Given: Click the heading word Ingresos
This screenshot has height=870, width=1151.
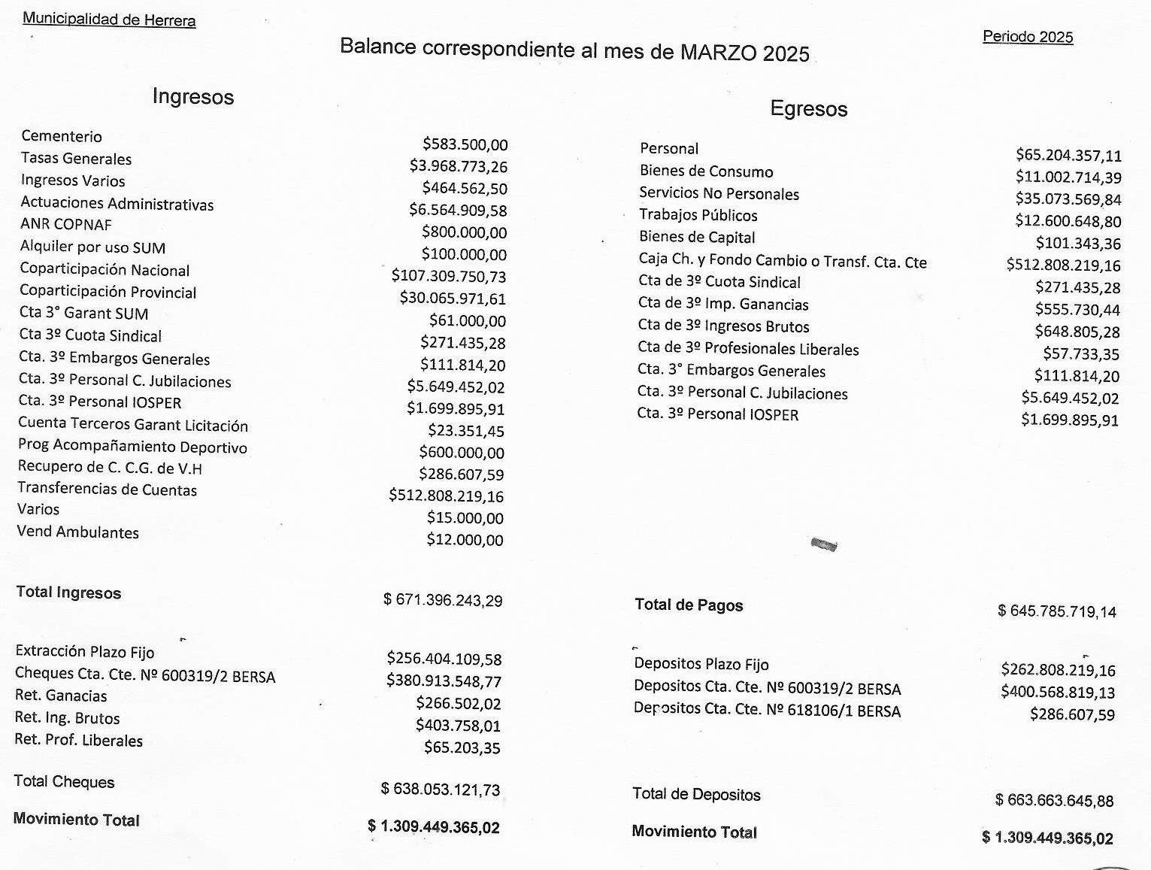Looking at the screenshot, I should click(x=192, y=96).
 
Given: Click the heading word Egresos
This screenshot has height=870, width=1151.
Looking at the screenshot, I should click(x=808, y=109).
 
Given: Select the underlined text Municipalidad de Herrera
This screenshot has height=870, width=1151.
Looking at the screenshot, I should click(x=109, y=20).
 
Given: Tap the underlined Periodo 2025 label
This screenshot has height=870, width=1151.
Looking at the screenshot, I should click(x=1028, y=37).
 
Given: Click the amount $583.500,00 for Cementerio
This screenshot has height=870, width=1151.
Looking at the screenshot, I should click(x=465, y=144).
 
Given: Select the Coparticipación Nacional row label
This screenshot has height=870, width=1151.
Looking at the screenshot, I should click(x=104, y=270).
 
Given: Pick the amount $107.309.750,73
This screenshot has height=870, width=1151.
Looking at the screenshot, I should click(x=449, y=276).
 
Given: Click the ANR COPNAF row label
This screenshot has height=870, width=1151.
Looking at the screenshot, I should click(x=66, y=225).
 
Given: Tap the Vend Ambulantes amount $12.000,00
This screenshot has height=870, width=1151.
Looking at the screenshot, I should click(x=465, y=539).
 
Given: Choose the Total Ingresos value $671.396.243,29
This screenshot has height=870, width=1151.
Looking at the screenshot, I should click(x=443, y=600).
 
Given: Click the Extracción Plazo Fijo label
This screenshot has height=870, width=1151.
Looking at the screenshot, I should click(x=84, y=651).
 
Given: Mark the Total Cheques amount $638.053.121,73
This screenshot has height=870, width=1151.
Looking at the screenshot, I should click(x=441, y=790).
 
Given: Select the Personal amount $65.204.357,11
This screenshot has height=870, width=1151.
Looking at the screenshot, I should click(x=1068, y=156).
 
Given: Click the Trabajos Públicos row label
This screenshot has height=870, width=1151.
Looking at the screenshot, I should click(x=698, y=215).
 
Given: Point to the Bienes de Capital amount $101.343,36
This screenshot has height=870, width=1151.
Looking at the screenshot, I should click(x=1078, y=243).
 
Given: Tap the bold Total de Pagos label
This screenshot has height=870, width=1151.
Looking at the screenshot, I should click(x=689, y=605).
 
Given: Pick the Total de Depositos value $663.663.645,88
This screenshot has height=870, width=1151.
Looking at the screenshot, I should click(x=1054, y=801).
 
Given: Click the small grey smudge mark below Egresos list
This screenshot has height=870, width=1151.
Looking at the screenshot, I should click(x=825, y=544).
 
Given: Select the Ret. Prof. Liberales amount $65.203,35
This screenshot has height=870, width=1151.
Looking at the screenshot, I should click(x=462, y=747).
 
